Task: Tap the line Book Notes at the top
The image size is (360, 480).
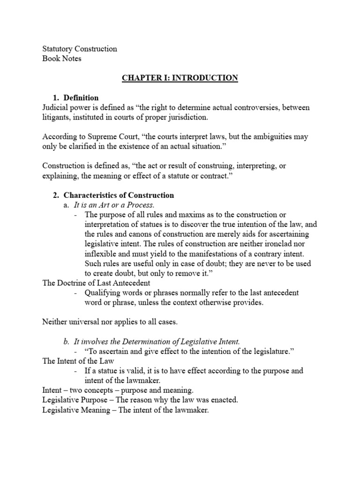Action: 62,59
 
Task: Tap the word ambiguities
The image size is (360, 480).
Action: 273,136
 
